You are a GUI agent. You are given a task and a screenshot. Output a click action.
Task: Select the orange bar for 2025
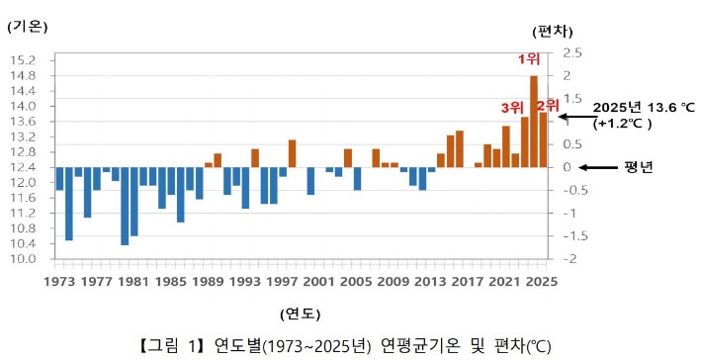[543, 139]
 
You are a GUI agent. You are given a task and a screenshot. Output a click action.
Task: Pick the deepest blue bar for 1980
[125, 206]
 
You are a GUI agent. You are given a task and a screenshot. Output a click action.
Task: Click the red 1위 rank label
[529, 58]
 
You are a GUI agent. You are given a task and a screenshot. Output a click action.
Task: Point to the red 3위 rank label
[511, 107]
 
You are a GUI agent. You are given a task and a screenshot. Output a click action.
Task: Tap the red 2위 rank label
[548, 104]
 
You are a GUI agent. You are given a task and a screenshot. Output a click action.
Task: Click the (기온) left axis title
[28, 28]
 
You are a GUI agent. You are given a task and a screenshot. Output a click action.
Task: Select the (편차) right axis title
[551, 32]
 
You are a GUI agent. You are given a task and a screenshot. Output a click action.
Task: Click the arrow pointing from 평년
[597, 166]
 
